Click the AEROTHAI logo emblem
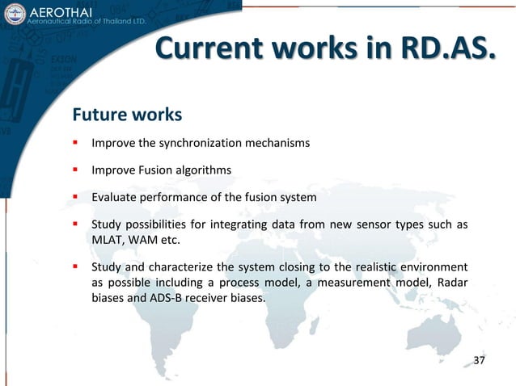pos(14,14)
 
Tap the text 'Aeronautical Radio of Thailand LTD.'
pos(87,21)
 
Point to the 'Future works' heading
pos(127,115)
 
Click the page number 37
pos(479,359)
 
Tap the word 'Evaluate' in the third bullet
pos(115,197)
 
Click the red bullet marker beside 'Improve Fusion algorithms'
pos(74,170)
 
